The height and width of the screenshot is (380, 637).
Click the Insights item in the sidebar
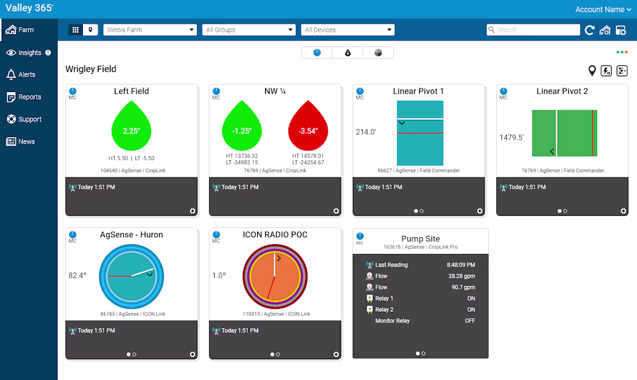tap(28, 53)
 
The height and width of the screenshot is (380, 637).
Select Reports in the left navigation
tap(24, 97)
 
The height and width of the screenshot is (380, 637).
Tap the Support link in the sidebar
tap(24, 119)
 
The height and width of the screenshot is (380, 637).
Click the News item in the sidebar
tap(21, 142)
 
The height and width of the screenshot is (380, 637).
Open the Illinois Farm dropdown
tap(150, 29)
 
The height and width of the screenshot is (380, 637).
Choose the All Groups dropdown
tap(248, 29)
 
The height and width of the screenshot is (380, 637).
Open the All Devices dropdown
tap(348, 29)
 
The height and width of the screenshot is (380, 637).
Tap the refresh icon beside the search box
tap(590, 30)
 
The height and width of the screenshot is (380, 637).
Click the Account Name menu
tap(603, 9)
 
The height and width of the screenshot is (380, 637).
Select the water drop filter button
tap(348, 53)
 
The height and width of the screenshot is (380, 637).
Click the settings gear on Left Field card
tap(193, 211)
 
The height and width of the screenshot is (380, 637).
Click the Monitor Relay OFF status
tap(470, 321)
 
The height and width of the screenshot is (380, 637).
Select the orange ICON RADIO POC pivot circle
tap(275, 276)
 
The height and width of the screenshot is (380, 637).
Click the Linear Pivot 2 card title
tap(562, 91)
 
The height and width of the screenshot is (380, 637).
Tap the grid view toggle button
tap(75, 29)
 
